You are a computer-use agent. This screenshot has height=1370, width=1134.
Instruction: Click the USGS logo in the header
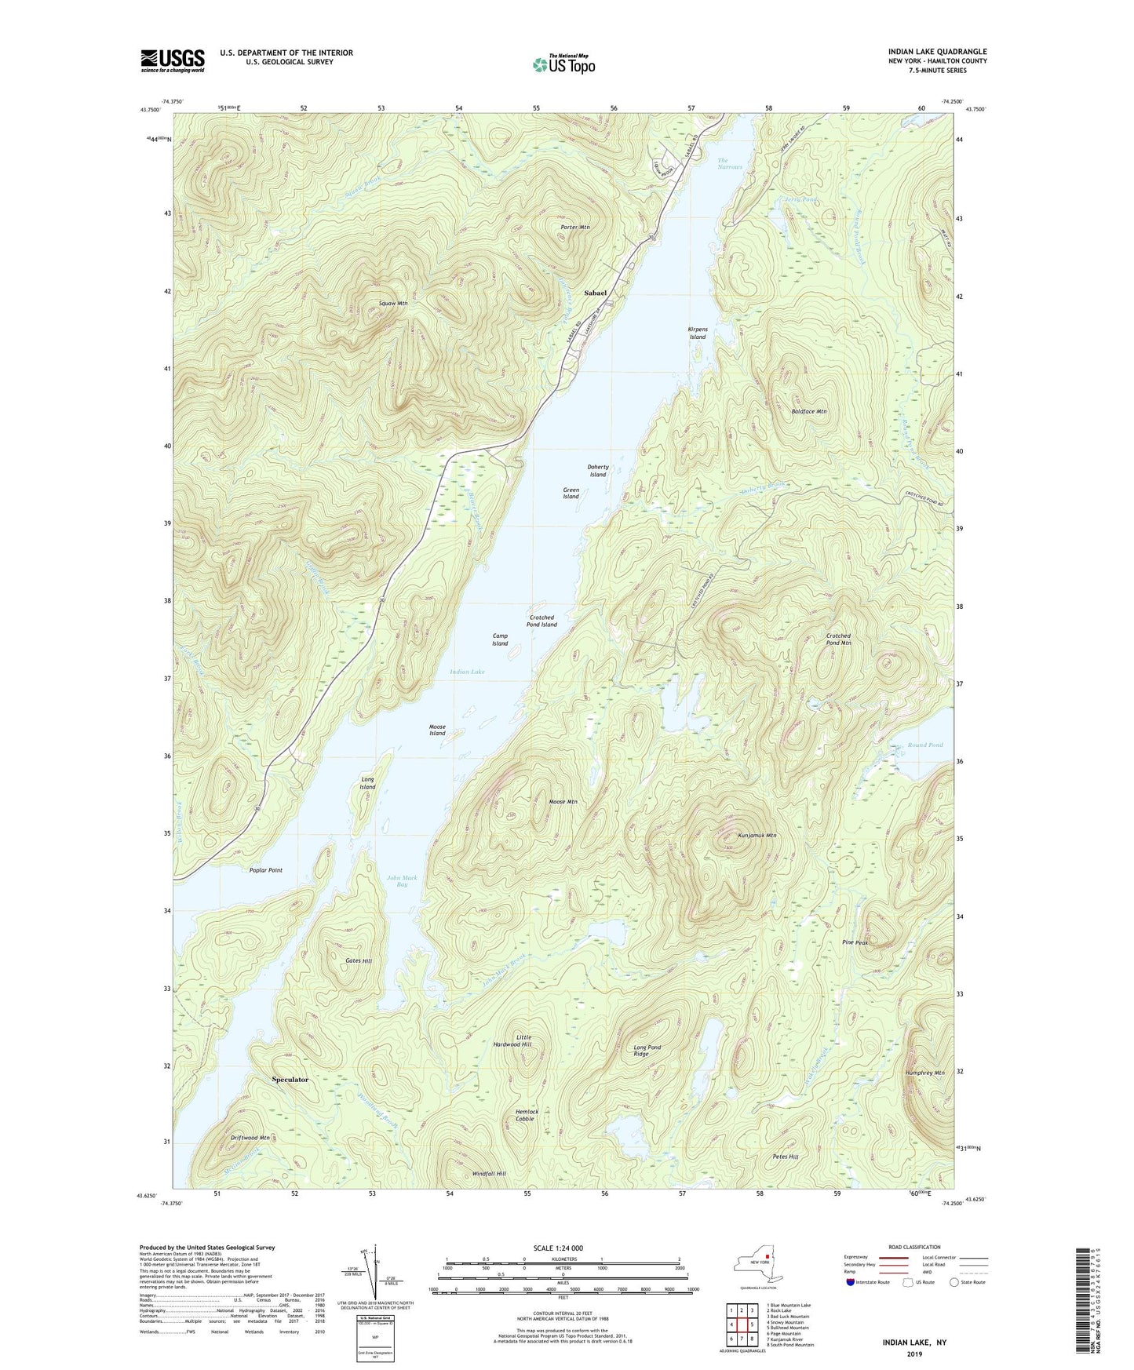[172, 60]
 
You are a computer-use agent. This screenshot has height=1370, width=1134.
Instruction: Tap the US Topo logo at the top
[563, 65]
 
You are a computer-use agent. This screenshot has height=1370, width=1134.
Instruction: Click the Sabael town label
[595, 293]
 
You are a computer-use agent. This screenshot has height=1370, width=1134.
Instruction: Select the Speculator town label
[290, 1080]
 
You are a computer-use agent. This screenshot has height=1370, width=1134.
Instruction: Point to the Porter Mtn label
[574, 227]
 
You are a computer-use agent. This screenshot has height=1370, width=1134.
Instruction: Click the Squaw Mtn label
[392, 303]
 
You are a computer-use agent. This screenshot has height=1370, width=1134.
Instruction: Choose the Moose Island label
[437, 730]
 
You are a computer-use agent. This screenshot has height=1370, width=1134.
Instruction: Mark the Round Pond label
[924, 745]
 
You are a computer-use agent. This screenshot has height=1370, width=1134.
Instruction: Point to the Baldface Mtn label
[809, 411]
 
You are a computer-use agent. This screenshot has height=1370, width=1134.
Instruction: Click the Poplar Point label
[265, 870]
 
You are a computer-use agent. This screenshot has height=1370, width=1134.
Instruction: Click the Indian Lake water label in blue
[467, 672]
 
